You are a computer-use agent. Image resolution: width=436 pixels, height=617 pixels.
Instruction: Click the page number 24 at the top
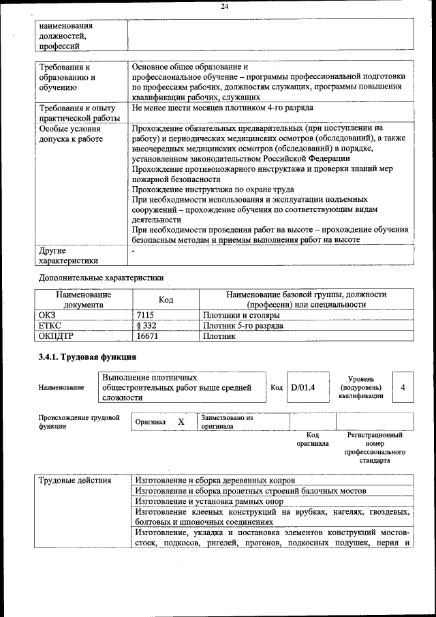pos(224,7)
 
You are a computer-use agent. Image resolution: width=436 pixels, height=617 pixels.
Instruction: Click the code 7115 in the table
pos(146,316)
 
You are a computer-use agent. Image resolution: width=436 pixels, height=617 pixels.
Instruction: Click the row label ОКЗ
pos(47,316)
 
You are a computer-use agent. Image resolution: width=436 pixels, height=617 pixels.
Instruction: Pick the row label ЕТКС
pos(50,326)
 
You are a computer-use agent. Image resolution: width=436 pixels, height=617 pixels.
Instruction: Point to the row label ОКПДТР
pos(56,336)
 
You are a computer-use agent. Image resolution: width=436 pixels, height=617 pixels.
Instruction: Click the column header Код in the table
pos(166,299)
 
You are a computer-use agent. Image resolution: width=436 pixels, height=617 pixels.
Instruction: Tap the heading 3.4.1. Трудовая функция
pos(87,357)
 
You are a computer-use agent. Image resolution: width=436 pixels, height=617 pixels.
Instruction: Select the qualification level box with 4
pos(403,387)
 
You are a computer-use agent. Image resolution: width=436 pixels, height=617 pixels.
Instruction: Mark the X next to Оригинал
pos(181,422)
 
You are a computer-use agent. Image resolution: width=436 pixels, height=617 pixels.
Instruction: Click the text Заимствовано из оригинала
pos(227,422)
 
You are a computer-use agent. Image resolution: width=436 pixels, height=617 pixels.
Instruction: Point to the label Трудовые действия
pos(75,481)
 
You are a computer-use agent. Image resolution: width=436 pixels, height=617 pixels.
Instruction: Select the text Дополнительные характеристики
pos(102,278)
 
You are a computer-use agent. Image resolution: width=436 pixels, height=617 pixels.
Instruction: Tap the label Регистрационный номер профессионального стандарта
pos(375,447)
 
